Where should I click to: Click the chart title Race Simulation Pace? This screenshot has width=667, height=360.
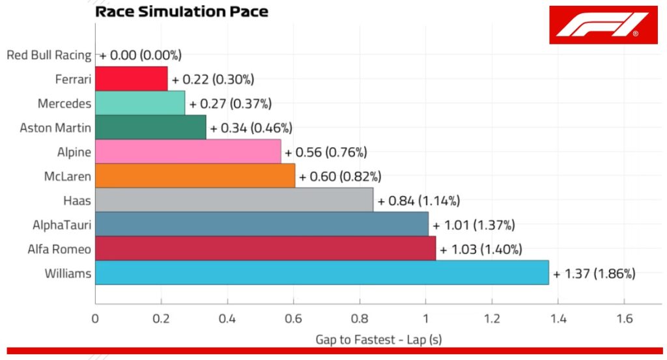pos(181,12)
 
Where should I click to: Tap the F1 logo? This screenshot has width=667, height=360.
pos(603,25)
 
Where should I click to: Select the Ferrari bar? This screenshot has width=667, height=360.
pos(131,79)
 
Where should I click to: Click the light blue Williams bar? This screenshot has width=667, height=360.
pos(322,273)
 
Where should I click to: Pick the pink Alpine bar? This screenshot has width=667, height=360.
pos(188,152)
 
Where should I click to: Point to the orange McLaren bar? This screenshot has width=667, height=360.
pos(195,176)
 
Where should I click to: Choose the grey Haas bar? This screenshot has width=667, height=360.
pos(234,200)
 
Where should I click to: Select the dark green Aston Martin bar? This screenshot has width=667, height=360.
pos(150,127)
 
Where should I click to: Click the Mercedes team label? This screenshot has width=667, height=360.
pos(64,104)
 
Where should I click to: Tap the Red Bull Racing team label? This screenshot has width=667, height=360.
pos(49,55)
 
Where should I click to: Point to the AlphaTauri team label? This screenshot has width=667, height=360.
pos(62,225)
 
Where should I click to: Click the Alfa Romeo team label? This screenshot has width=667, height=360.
pos(59,249)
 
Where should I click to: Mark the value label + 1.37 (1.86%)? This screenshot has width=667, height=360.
pos(594,274)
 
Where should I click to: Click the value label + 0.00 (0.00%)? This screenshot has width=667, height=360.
pos(140,55)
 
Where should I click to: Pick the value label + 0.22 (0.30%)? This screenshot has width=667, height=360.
pos(212,79)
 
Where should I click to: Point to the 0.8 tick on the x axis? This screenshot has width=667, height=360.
pos(360,319)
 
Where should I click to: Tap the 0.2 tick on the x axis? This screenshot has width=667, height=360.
pos(161,319)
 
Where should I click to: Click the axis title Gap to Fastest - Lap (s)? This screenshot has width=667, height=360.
pos(378,339)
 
